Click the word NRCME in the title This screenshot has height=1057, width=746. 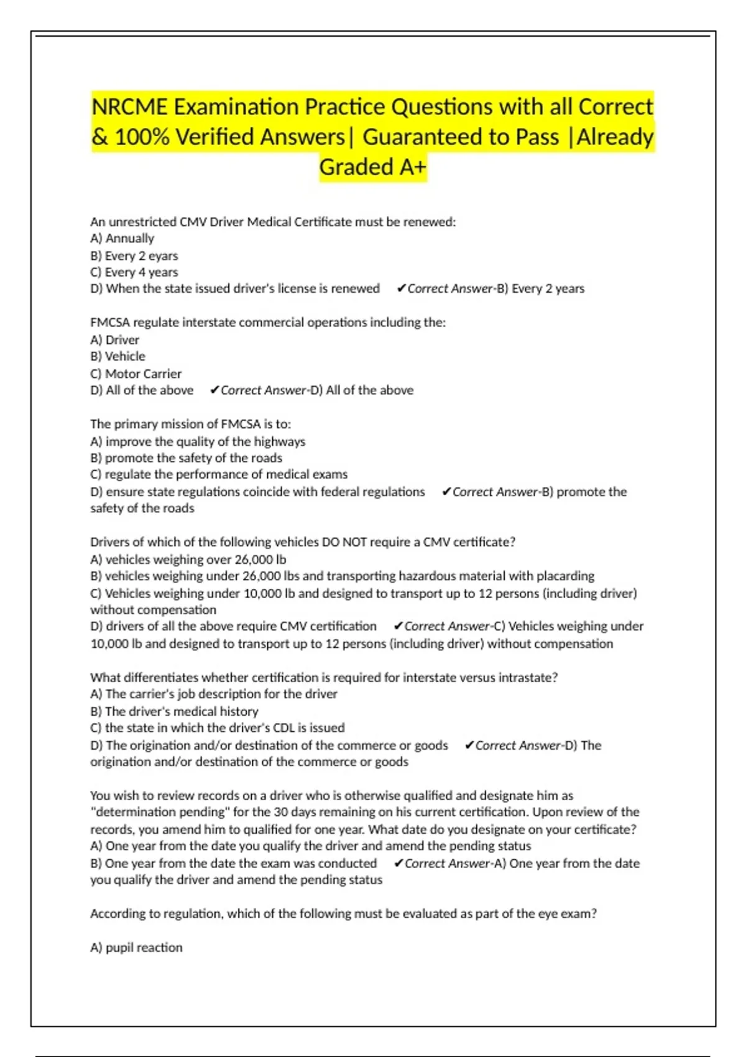click(x=129, y=107)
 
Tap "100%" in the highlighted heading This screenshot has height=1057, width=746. click(x=142, y=137)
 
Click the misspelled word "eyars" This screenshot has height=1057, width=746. click(x=163, y=256)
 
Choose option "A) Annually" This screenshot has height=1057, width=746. click(x=122, y=238)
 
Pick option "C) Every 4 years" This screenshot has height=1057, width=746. click(x=134, y=272)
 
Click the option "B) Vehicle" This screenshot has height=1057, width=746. click(x=117, y=356)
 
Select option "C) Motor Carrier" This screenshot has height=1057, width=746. click(x=136, y=374)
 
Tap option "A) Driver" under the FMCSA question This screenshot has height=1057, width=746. click(x=114, y=339)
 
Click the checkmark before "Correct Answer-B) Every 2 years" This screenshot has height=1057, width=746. click(x=401, y=288)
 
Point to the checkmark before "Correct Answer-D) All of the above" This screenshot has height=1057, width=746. click(x=214, y=390)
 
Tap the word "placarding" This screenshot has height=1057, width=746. click(x=565, y=576)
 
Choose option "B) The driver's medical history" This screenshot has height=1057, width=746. click(x=174, y=711)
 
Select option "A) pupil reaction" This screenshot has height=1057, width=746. click(x=136, y=948)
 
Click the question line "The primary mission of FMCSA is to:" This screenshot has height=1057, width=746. click(x=190, y=424)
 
